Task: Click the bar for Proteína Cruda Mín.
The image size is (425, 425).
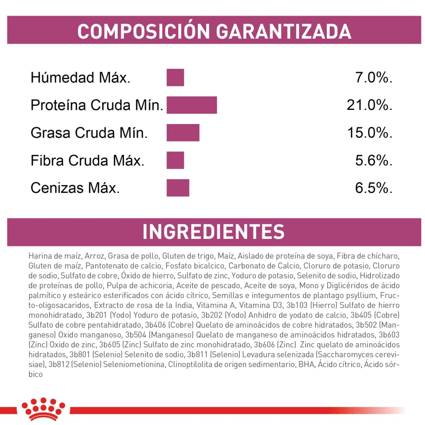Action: tap(191, 105)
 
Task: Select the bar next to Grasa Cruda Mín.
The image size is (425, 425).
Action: tap(183, 132)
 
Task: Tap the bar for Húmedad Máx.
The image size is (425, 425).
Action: tap(175, 78)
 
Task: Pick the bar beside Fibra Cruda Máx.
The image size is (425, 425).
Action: tap(175, 160)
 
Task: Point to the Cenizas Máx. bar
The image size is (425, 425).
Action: tap(178, 188)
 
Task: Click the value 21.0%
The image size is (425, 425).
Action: tap(369, 105)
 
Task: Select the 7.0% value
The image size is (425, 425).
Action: tap(374, 78)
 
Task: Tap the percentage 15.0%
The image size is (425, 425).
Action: tap(370, 133)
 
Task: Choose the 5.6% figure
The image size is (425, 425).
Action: tap(374, 160)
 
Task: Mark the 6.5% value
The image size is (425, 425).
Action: tap(374, 188)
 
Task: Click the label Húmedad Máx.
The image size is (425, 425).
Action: tap(81, 78)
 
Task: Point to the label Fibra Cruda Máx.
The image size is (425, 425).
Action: tap(87, 160)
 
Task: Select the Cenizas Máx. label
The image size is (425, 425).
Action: tap(75, 188)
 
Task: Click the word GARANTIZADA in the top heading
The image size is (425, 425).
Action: tap(283, 31)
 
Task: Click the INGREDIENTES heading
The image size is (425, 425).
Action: tap(213, 232)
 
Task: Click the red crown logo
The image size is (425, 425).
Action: tap(43, 409)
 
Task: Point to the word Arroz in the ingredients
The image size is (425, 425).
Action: tap(94, 256)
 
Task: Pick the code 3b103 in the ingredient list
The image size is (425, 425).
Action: tap(297, 305)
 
